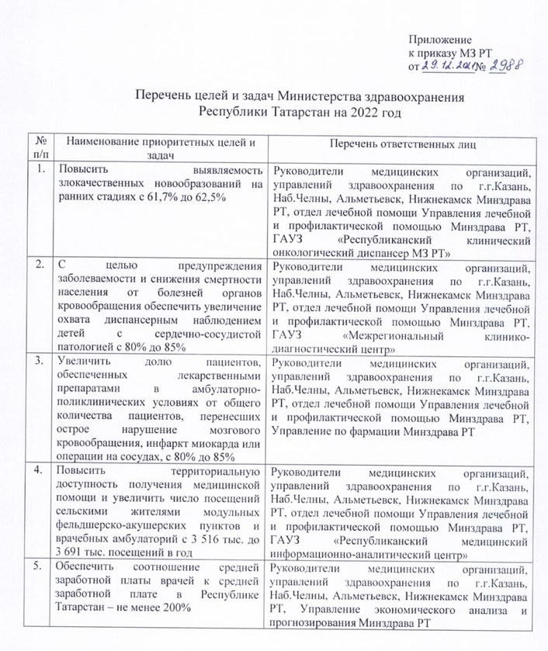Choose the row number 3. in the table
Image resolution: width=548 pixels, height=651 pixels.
click(x=40, y=361)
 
